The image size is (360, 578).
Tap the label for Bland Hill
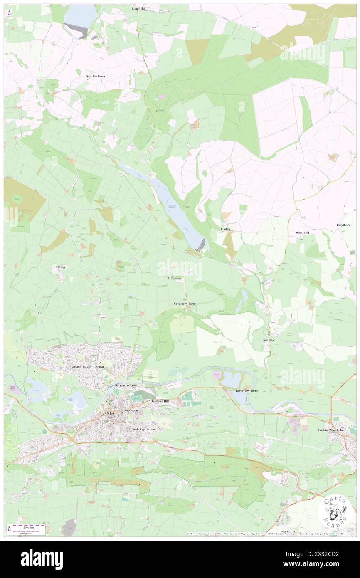(x=138, y=8)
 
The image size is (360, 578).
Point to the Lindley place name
(x=225, y=229)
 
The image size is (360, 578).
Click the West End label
(x=302, y=233)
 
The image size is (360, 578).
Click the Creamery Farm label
(x=185, y=304)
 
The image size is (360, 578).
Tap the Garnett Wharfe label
(x=125, y=385)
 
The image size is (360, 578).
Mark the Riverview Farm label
(x=247, y=391)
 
